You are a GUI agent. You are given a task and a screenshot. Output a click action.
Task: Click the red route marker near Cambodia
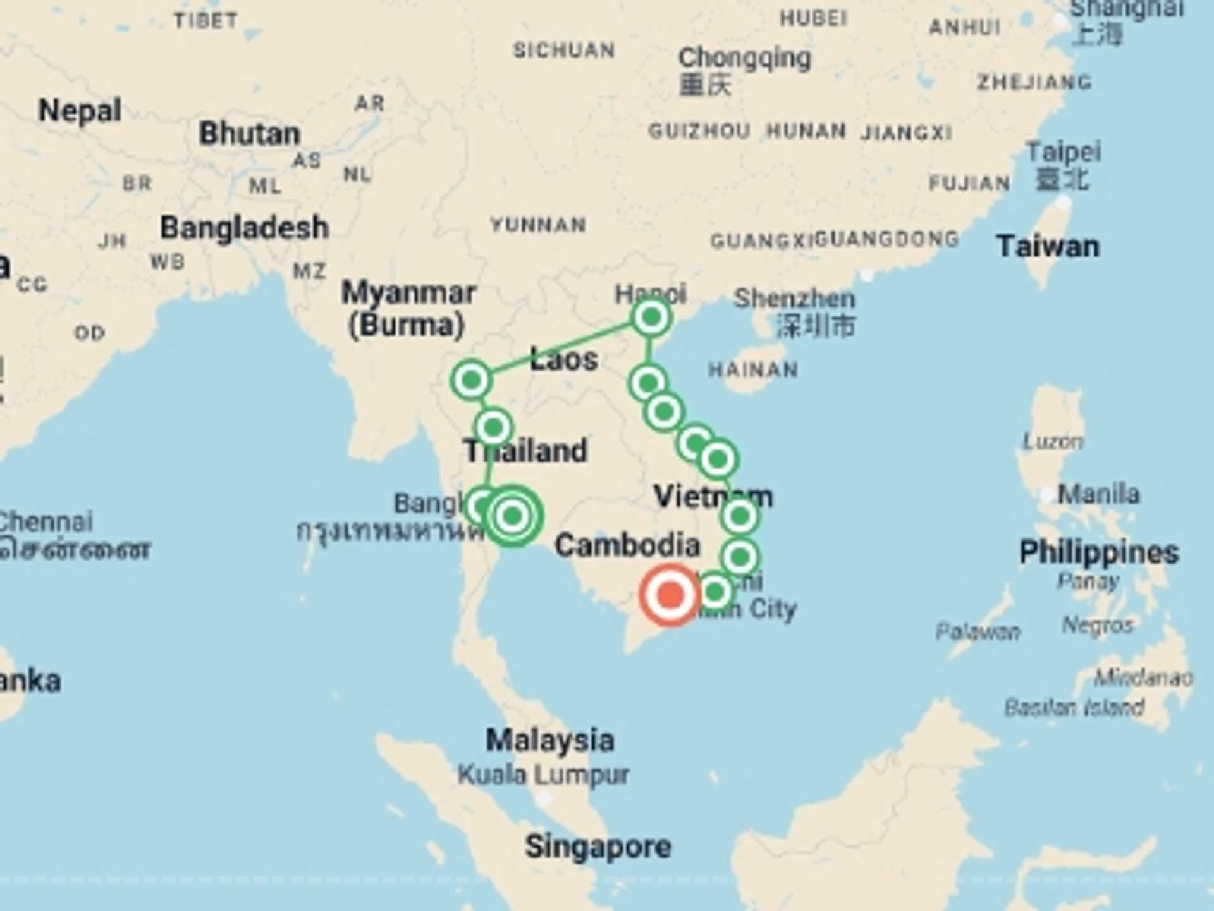(670, 595)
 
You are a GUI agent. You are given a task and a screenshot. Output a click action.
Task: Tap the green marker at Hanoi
(651, 317)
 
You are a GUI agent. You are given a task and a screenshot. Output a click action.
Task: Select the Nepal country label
(80, 111)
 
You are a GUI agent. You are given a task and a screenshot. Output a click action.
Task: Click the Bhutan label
(249, 133)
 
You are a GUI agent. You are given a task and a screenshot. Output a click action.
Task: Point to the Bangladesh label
(244, 228)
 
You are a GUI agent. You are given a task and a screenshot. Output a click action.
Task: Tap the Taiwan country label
(1048, 246)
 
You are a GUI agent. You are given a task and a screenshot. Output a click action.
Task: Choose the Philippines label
(1099, 552)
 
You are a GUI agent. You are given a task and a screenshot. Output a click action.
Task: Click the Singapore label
(598, 846)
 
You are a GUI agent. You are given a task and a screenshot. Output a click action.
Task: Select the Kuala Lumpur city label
(543, 774)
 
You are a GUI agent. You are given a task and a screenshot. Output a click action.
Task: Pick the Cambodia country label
(627, 545)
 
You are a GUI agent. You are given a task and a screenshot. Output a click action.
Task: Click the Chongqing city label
(744, 58)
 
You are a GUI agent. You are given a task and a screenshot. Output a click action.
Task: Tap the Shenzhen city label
(794, 299)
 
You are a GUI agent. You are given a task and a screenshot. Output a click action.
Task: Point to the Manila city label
(1098, 493)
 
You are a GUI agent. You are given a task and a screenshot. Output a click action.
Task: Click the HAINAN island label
(752, 369)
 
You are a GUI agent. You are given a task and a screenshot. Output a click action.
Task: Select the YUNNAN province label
(538, 225)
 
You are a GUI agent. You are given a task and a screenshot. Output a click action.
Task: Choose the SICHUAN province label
(563, 50)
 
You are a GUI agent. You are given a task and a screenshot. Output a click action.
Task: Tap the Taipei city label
(1064, 152)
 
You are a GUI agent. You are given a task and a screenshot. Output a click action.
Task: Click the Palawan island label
(978, 631)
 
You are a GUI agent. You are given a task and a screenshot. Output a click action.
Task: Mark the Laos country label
(563, 360)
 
